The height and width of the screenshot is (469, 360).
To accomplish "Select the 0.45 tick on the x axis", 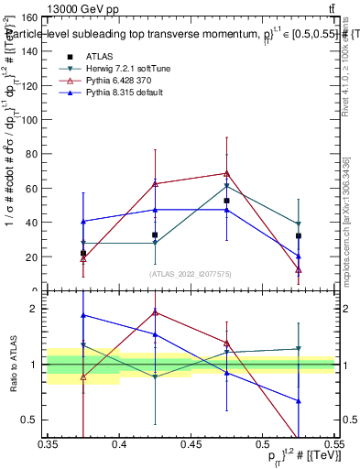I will click(x=191, y=445).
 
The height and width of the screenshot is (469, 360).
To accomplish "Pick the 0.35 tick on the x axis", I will click(x=49, y=445).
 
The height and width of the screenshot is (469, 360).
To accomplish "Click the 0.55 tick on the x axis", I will click(x=333, y=445).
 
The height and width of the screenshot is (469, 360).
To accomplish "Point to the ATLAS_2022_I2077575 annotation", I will click(x=191, y=273).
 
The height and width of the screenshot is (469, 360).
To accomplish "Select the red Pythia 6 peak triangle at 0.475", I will click(x=226, y=173).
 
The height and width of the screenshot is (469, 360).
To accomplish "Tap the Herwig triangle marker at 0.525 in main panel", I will click(x=298, y=224).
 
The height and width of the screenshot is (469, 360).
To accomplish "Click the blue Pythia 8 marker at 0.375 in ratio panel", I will click(x=84, y=315).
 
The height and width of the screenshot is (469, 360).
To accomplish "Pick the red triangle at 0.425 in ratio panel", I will click(x=155, y=312).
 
